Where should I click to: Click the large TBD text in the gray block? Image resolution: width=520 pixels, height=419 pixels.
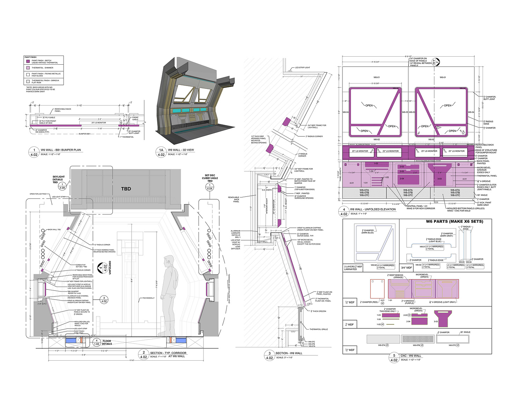pyautogui.click(x=126, y=189)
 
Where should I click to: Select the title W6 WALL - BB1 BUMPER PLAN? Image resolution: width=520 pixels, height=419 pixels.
pyautogui.click(x=60, y=150)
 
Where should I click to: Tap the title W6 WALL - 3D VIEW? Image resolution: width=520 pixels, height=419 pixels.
pyautogui.click(x=181, y=150)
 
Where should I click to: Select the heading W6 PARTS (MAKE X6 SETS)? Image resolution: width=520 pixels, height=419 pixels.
pyautogui.click(x=454, y=222)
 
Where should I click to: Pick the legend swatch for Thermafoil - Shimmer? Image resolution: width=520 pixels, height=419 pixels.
pyautogui.click(x=27, y=68)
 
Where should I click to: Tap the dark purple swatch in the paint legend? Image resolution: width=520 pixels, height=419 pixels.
pyautogui.click(x=27, y=62)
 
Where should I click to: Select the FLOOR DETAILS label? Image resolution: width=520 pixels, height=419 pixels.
pyautogui.click(x=107, y=342)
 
